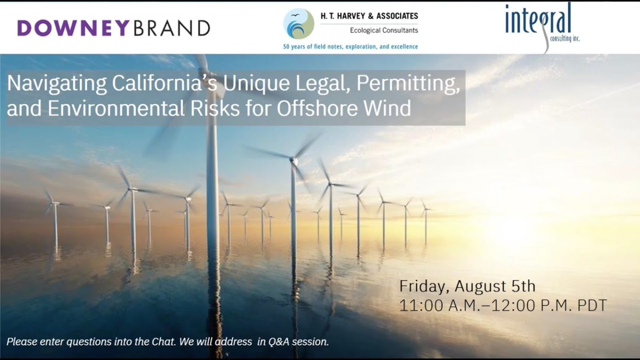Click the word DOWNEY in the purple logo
[x=74, y=28]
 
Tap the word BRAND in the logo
[x=172, y=28]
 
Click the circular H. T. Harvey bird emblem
[x=299, y=23]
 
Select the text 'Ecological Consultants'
[x=384, y=30]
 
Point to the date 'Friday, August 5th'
[x=467, y=286]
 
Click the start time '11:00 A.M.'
[x=438, y=305]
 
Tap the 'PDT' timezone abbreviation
[x=592, y=305]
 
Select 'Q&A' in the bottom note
[x=279, y=342]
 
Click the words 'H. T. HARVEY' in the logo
[x=342, y=16]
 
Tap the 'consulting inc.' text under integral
[x=565, y=38]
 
